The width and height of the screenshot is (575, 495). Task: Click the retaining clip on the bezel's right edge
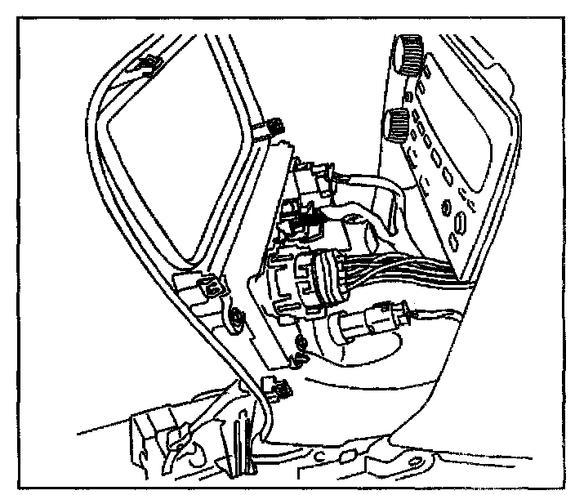[273, 126]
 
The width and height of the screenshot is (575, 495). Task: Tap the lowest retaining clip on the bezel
[274, 388]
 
